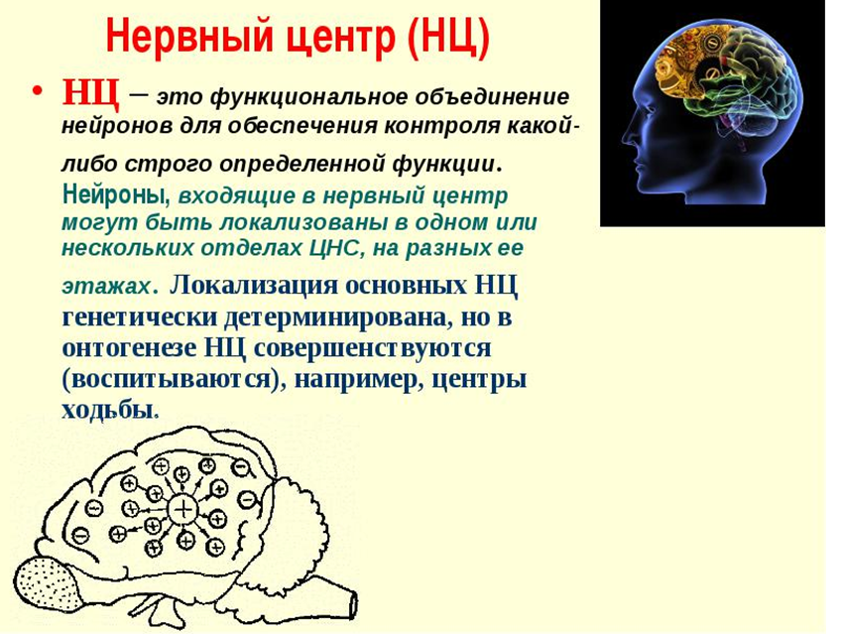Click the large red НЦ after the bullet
[x=89, y=92]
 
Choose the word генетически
[x=140, y=317]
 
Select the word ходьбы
[x=107, y=411]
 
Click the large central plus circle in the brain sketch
[x=183, y=509]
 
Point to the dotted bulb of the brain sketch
[x=48, y=586]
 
